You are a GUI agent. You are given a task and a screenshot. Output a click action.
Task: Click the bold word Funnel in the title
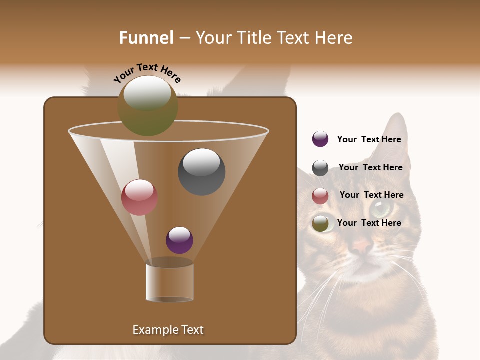tap(146, 38)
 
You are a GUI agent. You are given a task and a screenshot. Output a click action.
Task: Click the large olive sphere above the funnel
tap(147, 106)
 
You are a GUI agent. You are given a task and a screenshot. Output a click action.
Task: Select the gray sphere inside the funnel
tap(201, 171)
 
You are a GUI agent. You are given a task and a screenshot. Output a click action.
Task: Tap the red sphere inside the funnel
tap(139, 197)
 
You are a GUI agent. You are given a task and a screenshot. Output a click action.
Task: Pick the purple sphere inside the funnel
tap(179, 240)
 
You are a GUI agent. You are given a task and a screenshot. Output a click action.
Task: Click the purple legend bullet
tap(320, 139)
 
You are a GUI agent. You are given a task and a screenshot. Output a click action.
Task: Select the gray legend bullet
tap(320, 168)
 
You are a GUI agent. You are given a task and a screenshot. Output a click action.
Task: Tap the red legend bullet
tap(320, 196)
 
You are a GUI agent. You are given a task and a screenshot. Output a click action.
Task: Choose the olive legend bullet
tap(320, 223)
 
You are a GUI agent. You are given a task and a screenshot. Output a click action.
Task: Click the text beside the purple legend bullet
tap(369, 139)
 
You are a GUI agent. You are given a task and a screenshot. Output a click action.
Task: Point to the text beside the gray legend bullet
tap(370, 167)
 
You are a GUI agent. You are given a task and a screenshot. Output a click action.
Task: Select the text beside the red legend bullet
tap(371, 195)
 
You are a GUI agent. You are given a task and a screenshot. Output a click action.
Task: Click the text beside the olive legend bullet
tap(369, 223)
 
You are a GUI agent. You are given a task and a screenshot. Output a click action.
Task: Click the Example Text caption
tap(168, 330)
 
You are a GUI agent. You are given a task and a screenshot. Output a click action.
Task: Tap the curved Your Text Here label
tap(147, 73)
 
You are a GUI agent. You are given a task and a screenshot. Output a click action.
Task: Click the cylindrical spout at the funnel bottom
tap(170, 282)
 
